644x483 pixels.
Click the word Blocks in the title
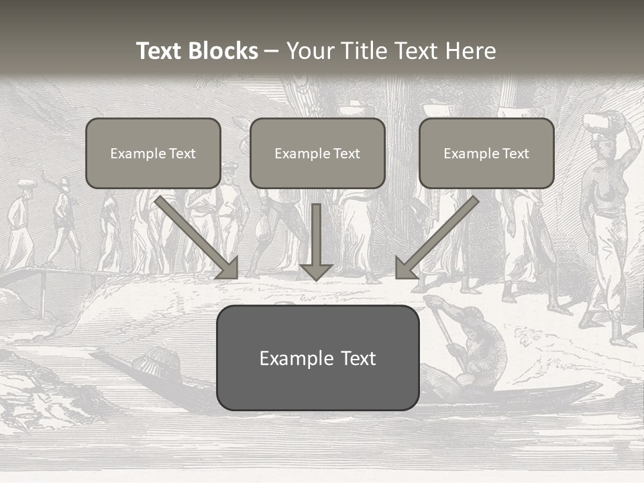point(225,51)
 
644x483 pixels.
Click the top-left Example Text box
point(153,154)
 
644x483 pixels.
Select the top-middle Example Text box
point(317,154)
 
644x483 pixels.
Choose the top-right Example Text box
point(486,154)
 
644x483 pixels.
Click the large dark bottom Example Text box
point(317,358)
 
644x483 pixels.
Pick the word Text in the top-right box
point(515,154)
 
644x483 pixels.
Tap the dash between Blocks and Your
point(272,51)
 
